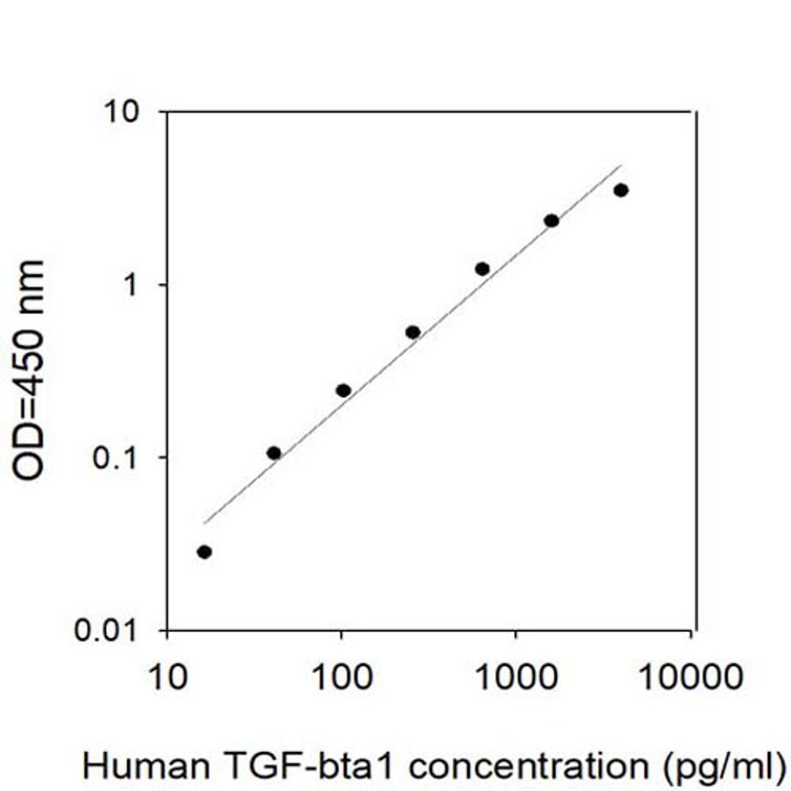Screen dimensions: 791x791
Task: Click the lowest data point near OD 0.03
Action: coord(204,552)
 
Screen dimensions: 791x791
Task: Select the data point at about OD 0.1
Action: coord(274,453)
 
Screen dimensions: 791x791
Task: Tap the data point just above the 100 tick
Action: coord(343,390)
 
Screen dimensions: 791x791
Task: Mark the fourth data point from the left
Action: coord(412,332)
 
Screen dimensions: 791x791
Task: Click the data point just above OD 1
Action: coord(482,269)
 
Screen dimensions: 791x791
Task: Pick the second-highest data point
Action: coord(552,220)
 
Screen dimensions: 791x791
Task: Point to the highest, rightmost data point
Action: coord(621,190)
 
